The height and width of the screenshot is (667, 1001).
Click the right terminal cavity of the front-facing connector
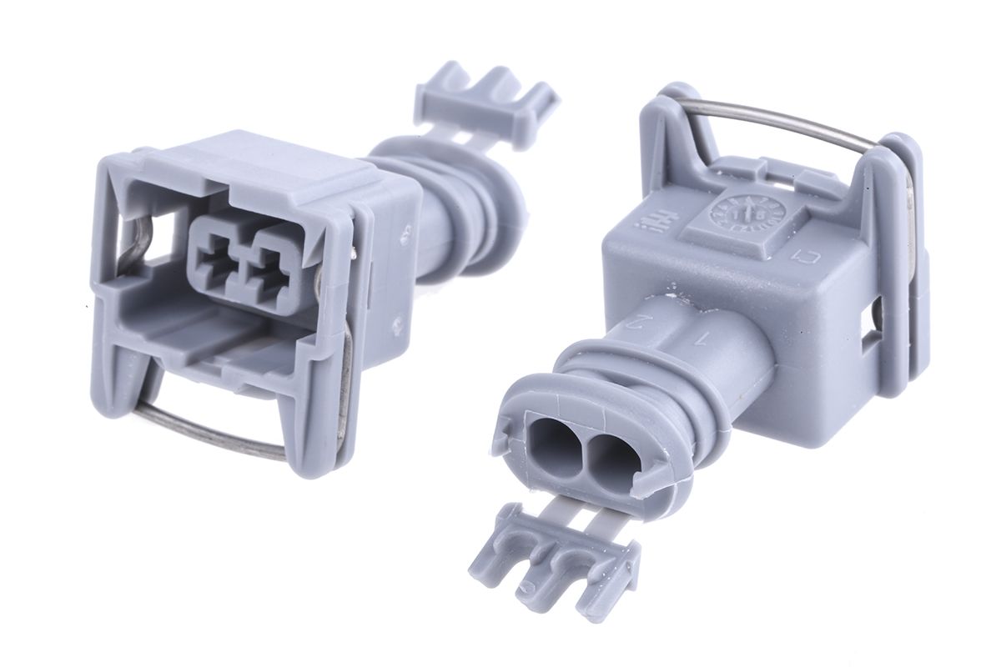(269, 254)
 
